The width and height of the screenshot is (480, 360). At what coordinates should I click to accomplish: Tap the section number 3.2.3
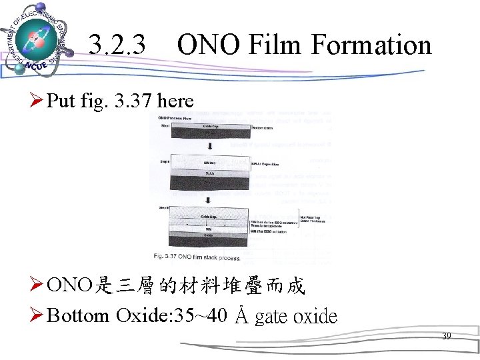tap(117, 45)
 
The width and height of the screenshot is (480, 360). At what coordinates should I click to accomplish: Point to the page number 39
tap(447, 337)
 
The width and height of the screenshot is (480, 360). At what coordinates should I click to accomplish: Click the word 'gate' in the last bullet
tap(272, 315)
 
